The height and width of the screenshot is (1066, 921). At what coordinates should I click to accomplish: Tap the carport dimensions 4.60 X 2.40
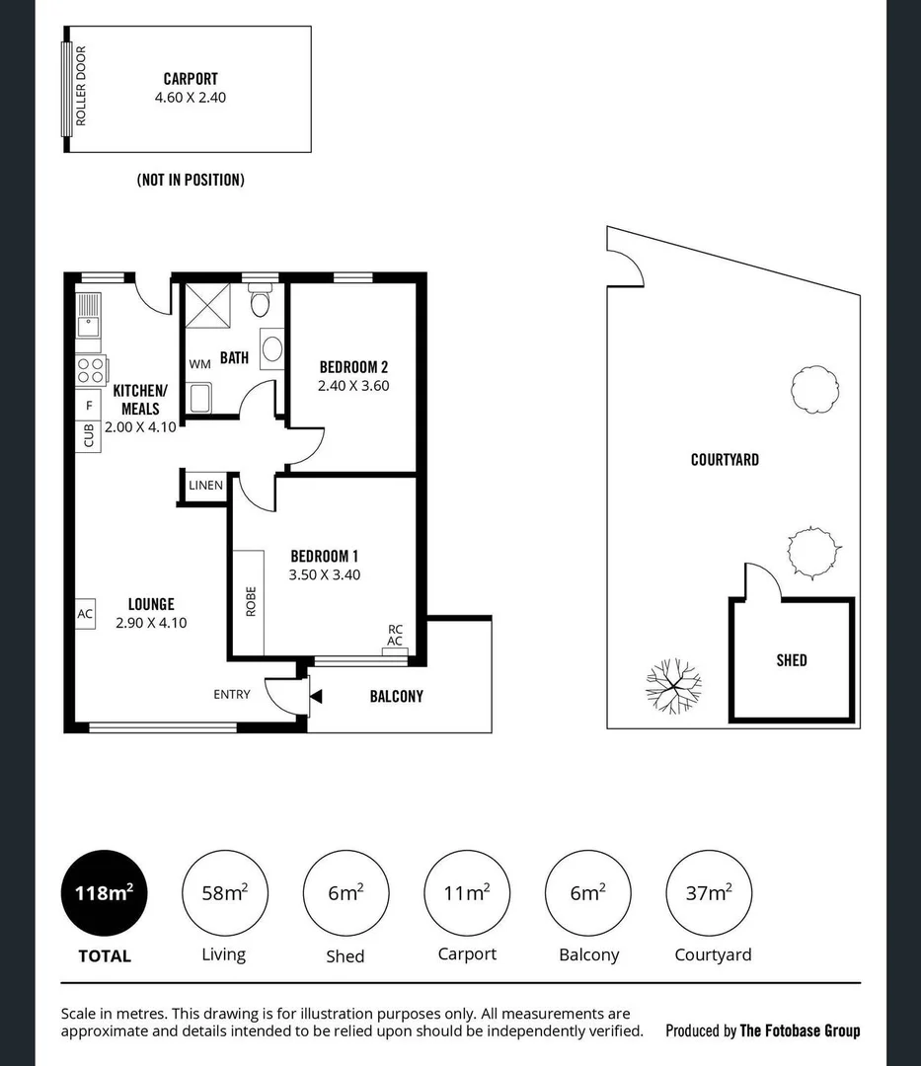point(192,98)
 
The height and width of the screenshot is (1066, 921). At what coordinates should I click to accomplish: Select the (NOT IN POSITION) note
point(191,180)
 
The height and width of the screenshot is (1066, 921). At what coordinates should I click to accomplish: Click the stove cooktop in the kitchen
point(90,370)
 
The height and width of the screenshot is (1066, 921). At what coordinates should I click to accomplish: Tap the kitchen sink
point(89,314)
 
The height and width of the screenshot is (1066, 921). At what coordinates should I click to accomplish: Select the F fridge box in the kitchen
point(89,406)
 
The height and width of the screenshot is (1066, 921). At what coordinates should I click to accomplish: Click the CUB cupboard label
point(89,434)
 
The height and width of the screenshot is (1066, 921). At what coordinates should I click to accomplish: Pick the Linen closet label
point(205,485)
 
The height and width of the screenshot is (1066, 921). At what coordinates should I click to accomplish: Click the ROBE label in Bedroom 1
point(251,601)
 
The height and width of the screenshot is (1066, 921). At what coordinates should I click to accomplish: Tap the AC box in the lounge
point(85,613)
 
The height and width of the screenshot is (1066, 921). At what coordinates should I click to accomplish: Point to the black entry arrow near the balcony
point(316,697)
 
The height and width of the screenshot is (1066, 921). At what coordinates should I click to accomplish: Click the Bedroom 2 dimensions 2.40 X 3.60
point(353,386)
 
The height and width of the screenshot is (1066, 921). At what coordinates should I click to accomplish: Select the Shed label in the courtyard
point(791,660)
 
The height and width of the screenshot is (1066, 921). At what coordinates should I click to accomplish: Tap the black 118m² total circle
point(104,893)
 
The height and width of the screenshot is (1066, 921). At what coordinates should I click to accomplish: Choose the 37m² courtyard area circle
point(709,893)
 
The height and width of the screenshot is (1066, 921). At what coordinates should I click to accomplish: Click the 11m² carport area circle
point(467,893)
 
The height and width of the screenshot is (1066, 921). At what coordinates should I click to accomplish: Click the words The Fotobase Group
point(800,1030)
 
